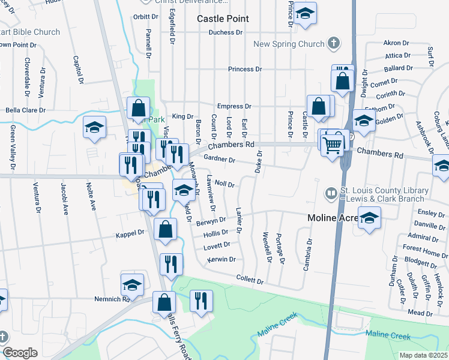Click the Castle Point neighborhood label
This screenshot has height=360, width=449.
[x=223, y=19]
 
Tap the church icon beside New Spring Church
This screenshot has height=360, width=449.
[x=334, y=43]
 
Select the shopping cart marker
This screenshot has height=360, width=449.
[x=333, y=144]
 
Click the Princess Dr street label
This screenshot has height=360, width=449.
[x=245, y=69]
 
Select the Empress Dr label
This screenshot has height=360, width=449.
[x=234, y=106]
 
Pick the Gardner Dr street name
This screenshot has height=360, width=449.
[x=219, y=158]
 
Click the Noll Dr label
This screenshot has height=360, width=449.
[x=224, y=185]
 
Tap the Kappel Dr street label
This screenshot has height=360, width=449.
[x=133, y=232]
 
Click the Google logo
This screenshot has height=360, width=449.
[x=20, y=353]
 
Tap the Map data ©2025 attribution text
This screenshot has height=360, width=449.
[x=423, y=355]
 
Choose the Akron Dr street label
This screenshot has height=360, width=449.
[x=396, y=43]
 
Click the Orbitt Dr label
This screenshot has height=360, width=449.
[x=145, y=17]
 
